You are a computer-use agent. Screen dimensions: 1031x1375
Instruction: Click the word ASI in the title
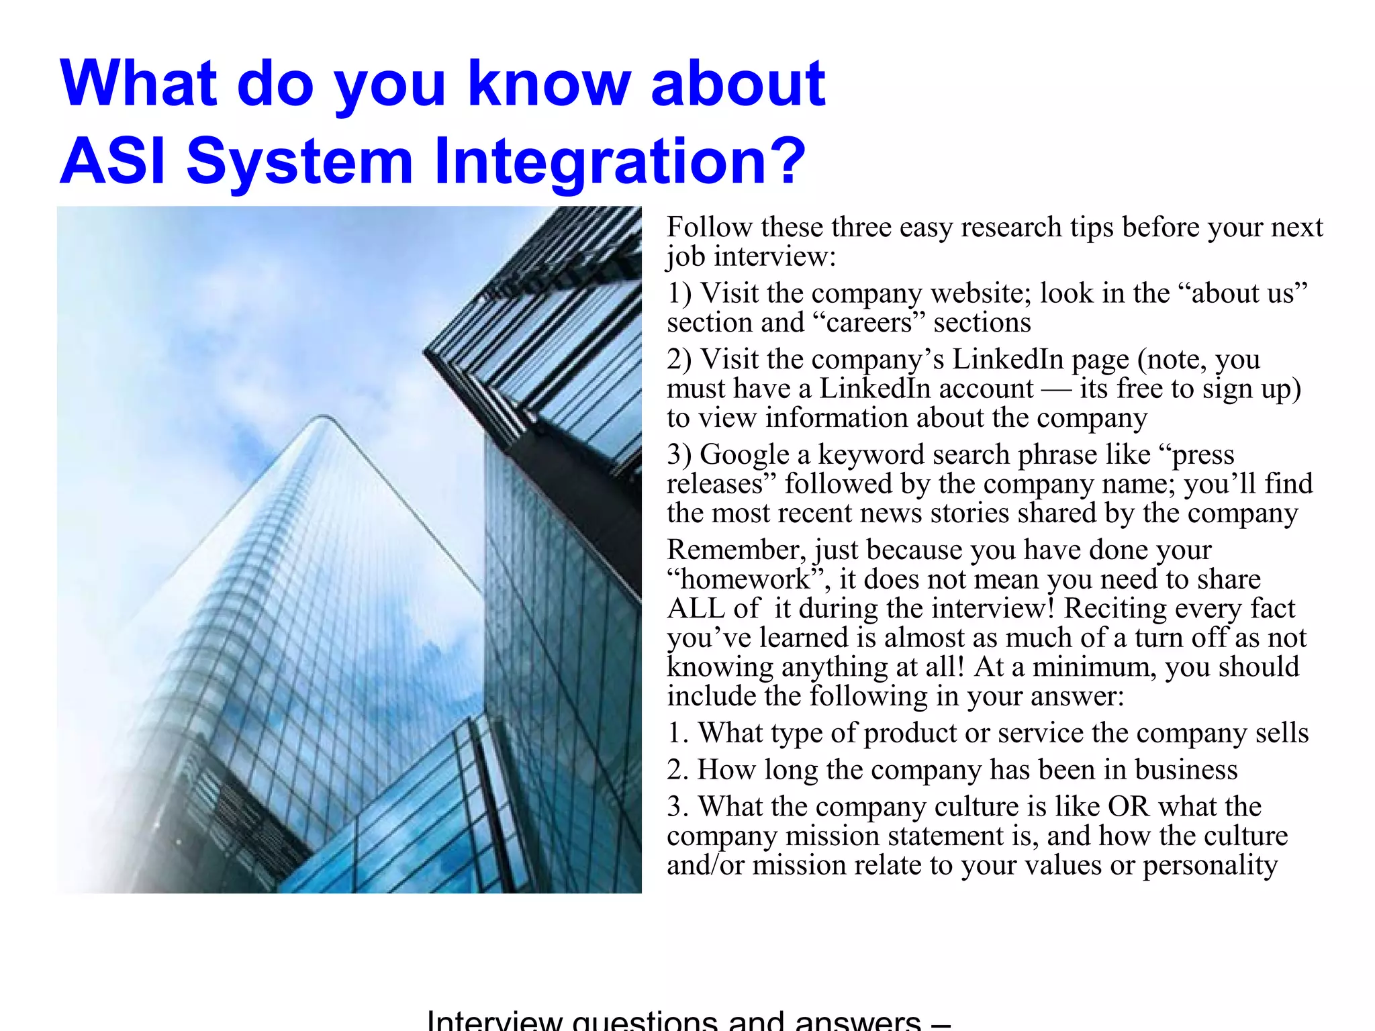(x=112, y=161)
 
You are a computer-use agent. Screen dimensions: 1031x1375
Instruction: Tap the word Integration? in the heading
(x=620, y=161)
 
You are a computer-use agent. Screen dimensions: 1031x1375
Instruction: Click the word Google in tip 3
(x=745, y=454)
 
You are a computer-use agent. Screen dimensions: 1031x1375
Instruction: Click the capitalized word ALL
(x=696, y=608)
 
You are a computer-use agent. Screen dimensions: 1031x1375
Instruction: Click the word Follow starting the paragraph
(x=710, y=228)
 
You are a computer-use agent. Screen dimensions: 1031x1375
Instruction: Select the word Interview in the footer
(x=494, y=1020)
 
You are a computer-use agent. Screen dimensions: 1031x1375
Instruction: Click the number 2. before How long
(x=678, y=770)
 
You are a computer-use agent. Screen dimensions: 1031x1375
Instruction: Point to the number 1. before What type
(x=678, y=733)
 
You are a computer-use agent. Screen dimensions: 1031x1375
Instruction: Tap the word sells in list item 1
(x=1282, y=733)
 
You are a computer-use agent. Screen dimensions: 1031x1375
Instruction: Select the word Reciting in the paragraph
(x=1116, y=608)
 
